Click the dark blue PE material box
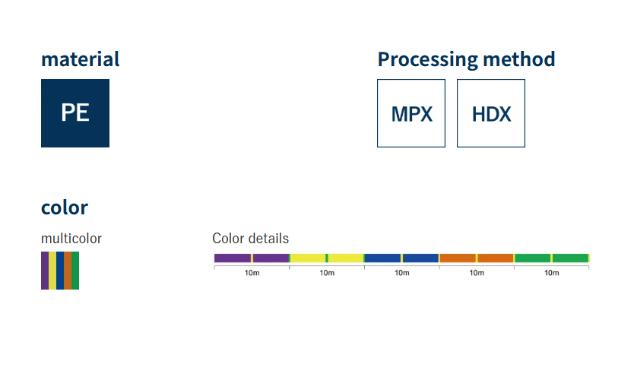pos(75,113)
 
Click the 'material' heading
pos(80,59)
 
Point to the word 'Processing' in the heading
pos(428,60)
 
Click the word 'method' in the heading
pos(519,59)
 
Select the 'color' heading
pos(65,208)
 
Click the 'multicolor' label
pos(71,239)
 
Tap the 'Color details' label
pos(250,239)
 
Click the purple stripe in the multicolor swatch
pos(45,271)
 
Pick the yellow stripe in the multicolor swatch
pos(52,271)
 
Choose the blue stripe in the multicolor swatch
pos(60,271)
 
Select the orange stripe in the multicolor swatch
pos(68,271)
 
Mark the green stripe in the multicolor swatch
pos(75,271)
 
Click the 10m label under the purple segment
pos(252,273)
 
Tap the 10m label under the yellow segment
pos(327,273)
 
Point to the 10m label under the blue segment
pos(402,273)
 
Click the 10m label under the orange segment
pos(477,273)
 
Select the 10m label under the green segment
pos(551,273)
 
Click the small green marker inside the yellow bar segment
pos(327,258)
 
